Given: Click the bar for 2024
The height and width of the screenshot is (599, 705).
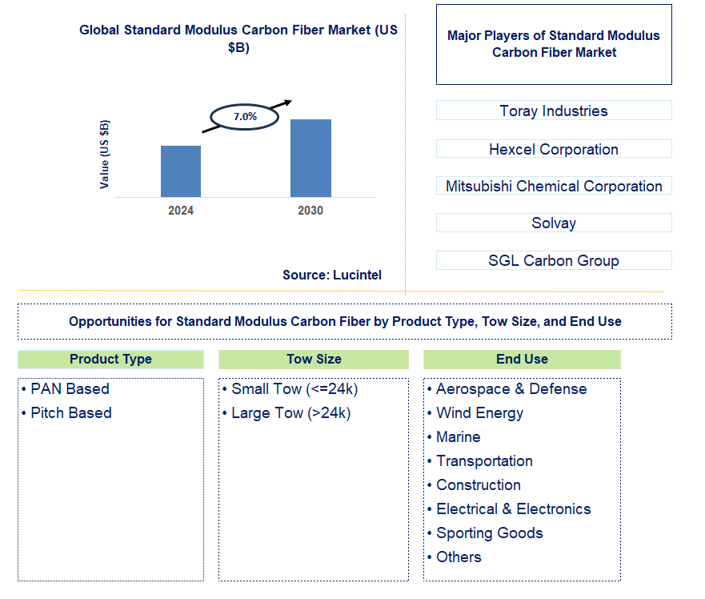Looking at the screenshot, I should click(181, 171).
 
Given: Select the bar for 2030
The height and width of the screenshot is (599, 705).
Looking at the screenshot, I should click(310, 158).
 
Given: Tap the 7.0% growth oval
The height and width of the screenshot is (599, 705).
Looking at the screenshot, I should click(245, 117).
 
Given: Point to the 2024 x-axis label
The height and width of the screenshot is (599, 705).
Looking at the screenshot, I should click(181, 211).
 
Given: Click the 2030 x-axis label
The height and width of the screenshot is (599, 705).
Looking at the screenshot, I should click(310, 211).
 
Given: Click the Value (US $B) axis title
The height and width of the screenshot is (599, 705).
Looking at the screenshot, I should click(105, 155).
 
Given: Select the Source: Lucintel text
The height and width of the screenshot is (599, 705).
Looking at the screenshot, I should click(332, 275).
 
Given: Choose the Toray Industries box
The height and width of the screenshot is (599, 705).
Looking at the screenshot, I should click(554, 111).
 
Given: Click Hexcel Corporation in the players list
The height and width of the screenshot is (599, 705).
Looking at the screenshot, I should click(554, 149).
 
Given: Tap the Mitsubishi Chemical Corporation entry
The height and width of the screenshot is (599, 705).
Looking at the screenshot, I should click(554, 186).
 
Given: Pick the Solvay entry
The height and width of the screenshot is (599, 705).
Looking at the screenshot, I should click(554, 223).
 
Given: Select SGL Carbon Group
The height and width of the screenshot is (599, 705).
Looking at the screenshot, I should click(554, 260).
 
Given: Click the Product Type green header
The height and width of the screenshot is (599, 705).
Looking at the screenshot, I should click(110, 359).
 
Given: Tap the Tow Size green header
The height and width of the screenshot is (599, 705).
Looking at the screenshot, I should click(314, 359).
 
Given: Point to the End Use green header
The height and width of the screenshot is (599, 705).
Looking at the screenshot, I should click(522, 359).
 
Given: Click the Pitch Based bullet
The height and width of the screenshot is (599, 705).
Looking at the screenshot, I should click(71, 413).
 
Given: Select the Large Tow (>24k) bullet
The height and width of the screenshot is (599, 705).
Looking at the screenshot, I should click(290, 413).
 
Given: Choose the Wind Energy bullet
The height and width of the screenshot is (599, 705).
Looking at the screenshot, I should click(479, 413).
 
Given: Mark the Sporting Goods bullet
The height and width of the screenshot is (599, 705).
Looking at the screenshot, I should click(489, 533).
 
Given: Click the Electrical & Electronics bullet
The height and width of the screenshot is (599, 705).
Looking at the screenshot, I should click(513, 509).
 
